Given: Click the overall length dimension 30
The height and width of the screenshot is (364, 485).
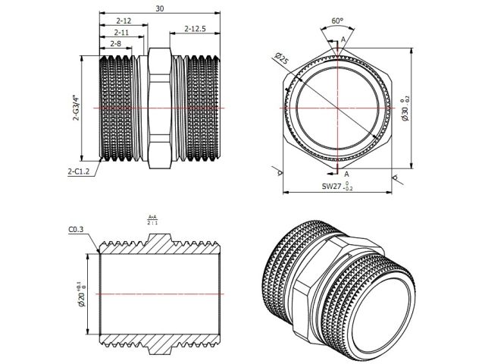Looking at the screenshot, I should [x=159, y=8].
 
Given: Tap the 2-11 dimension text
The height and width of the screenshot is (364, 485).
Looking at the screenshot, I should [x=120, y=33].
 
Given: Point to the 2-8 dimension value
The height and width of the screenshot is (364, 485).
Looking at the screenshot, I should [x=116, y=45].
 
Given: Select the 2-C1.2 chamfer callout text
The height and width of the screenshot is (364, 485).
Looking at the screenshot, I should [x=79, y=172].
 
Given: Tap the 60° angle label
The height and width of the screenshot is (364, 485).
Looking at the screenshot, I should [x=336, y=21].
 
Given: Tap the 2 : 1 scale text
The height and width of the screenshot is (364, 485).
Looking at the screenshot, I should [x=152, y=224].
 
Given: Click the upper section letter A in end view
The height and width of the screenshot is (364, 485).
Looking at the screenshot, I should [x=344, y=39].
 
